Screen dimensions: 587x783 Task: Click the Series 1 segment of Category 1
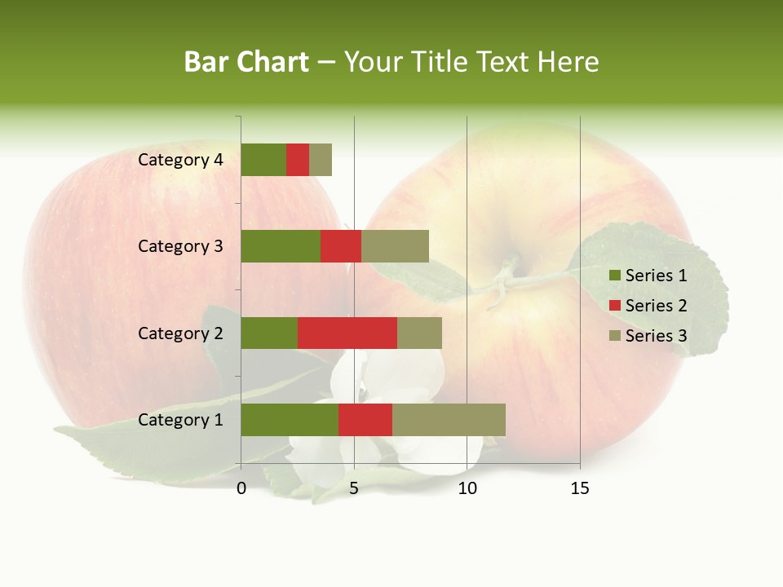point(290,420)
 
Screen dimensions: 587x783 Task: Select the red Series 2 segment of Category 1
point(365,420)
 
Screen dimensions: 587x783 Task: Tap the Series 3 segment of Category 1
point(449,420)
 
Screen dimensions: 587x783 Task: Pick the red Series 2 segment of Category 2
point(347,333)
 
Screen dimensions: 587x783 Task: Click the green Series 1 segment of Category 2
point(269,333)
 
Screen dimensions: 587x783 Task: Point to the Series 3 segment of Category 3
point(395,246)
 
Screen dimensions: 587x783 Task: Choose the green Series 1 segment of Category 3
point(281,246)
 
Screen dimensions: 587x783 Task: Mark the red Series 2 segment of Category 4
point(298,160)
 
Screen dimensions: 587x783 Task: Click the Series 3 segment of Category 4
point(321,160)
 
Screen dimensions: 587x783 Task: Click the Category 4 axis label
point(180,160)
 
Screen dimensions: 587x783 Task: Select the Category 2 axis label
point(180,333)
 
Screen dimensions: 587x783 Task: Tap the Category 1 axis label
point(180,420)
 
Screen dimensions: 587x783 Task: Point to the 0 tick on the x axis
point(241,488)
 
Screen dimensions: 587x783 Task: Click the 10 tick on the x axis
point(467,488)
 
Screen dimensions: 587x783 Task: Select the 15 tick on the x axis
point(580,488)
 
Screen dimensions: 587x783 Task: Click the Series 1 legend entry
point(648,276)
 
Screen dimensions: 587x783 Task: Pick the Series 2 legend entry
point(648,306)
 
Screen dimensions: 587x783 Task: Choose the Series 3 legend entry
point(648,336)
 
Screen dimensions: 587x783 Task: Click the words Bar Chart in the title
point(246,62)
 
